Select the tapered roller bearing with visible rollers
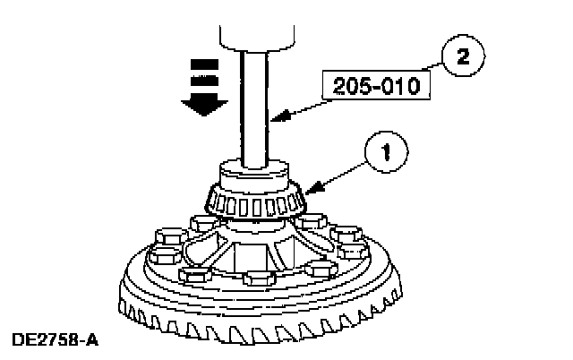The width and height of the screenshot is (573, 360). click(253, 200)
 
